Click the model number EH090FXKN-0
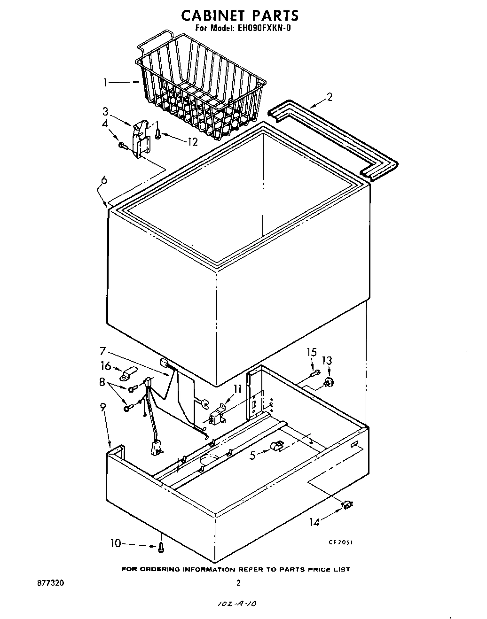[264, 28]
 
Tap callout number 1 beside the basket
[106, 83]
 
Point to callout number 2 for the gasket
[330, 97]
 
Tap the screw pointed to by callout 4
[123, 146]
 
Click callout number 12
[193, 141]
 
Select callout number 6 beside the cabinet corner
[104, 179]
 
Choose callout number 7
[103, 350]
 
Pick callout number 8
[102, 382]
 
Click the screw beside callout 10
[162, 547]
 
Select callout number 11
[237, 388]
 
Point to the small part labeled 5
[277, 447]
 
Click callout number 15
[312, 352]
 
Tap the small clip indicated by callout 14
[348, 505]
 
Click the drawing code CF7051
[340, 542]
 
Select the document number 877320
[50, 583]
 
